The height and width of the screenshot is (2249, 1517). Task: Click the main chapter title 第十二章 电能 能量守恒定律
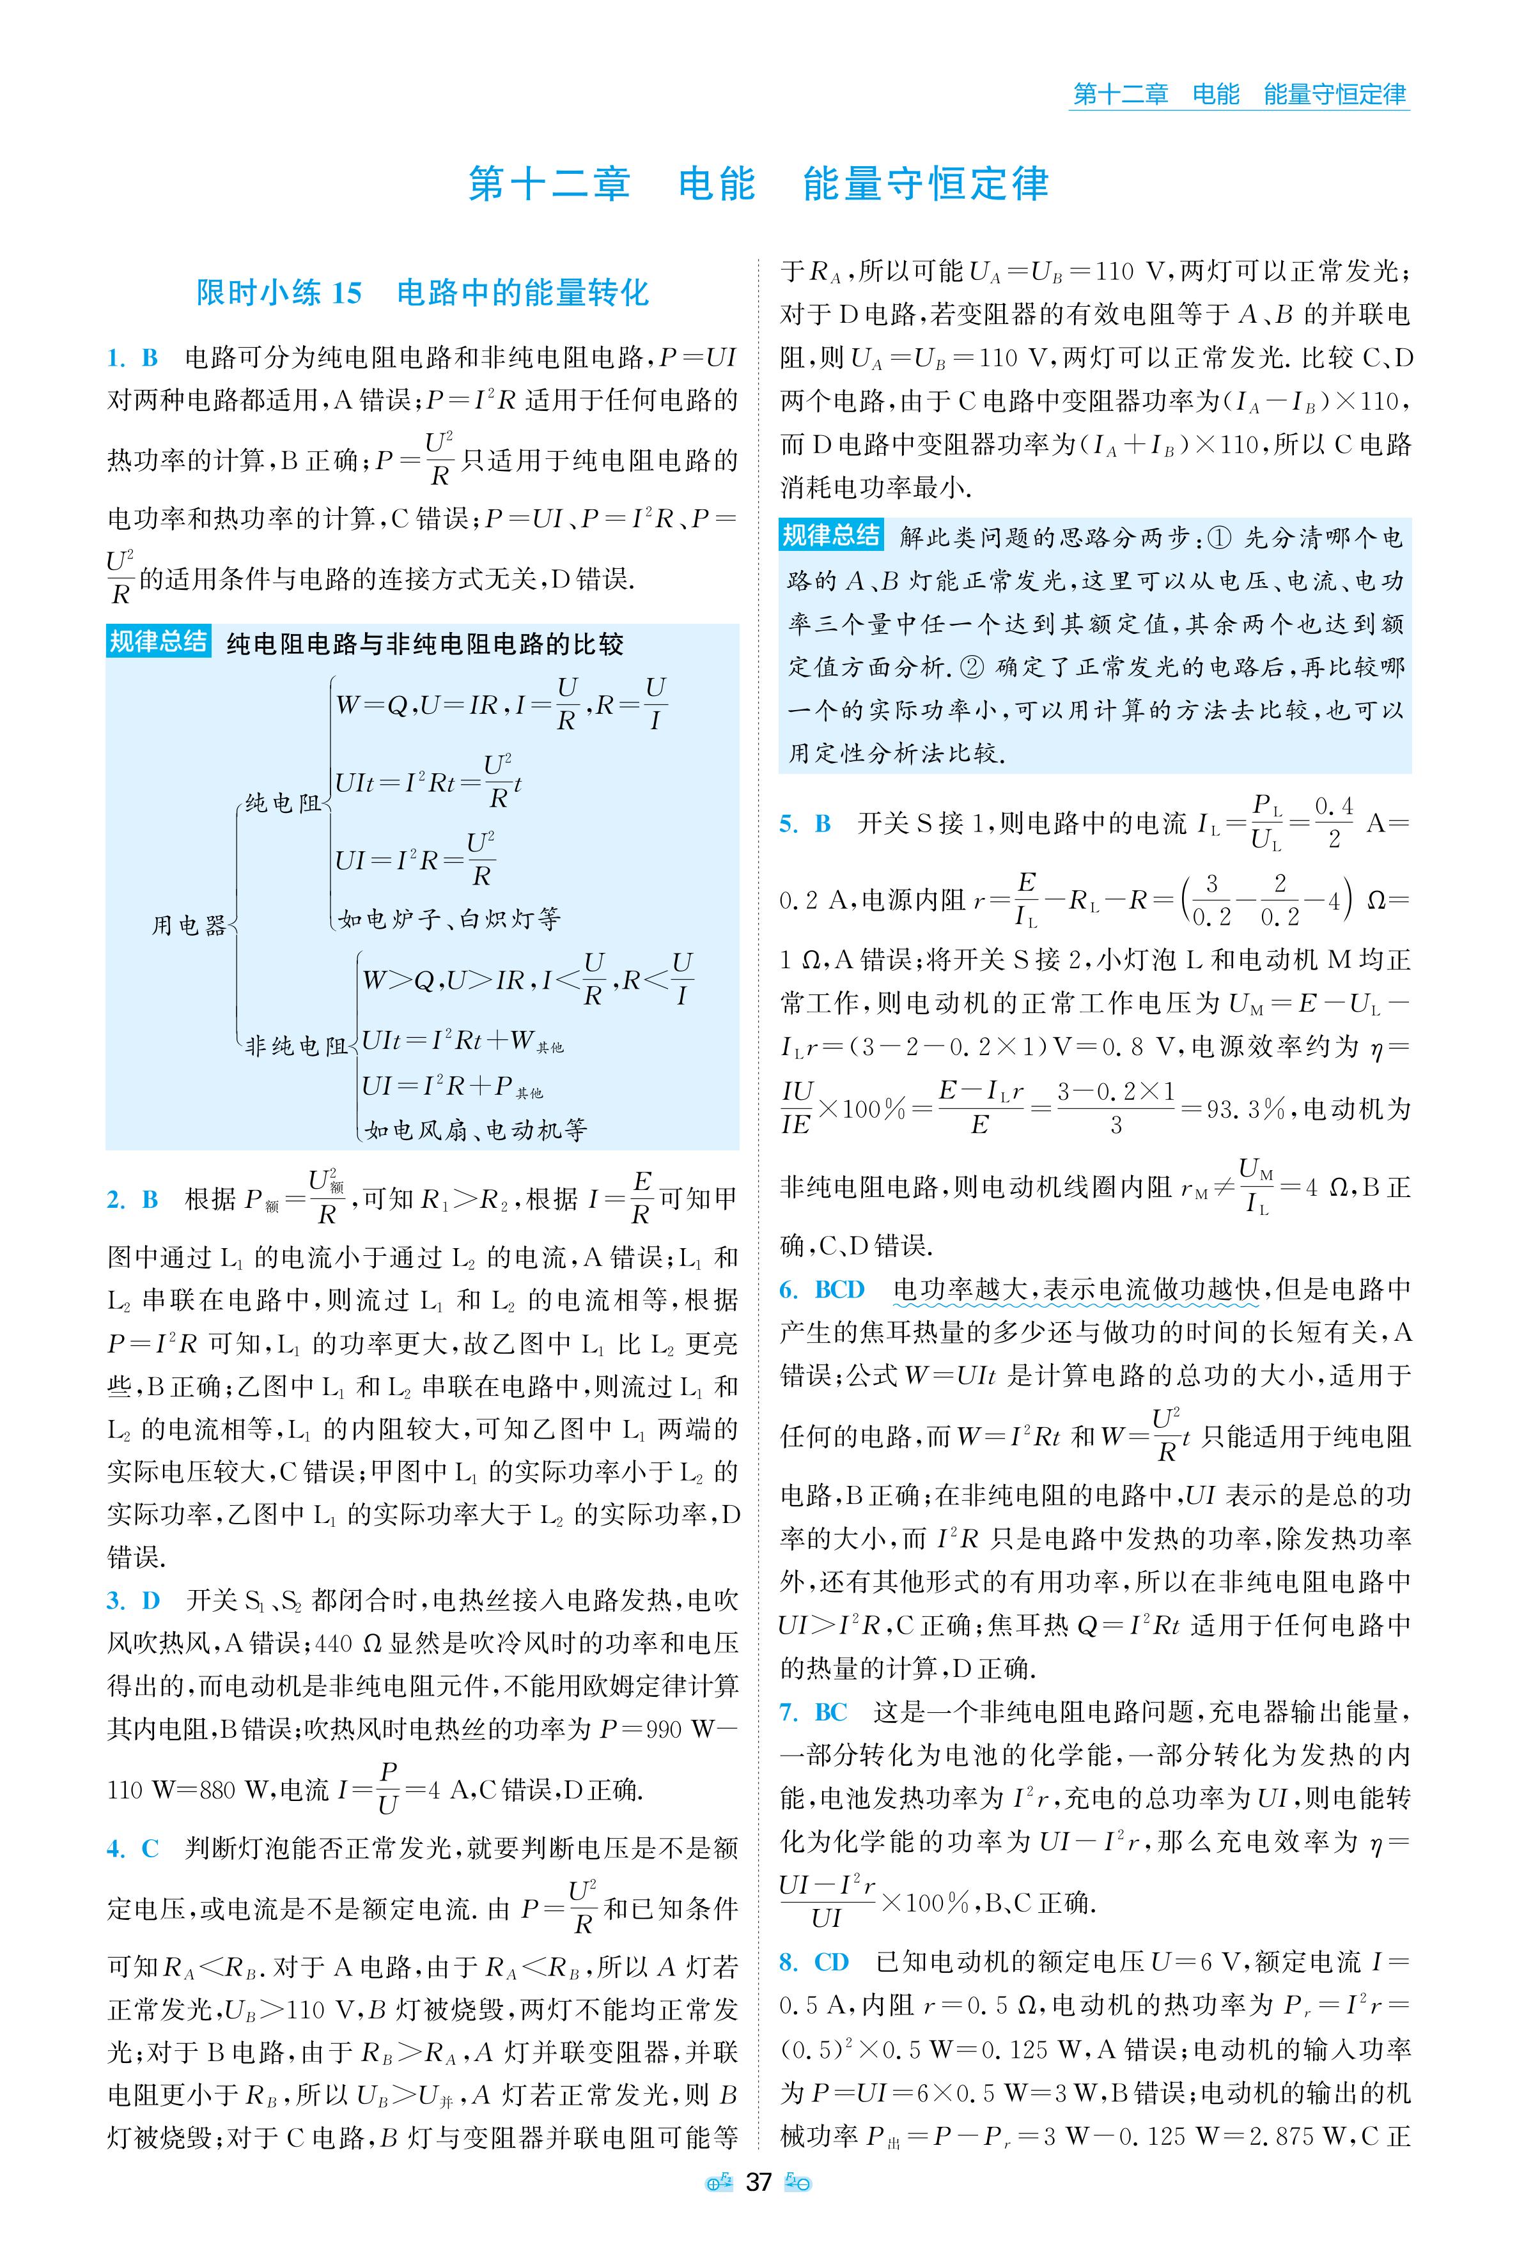(x=758, y=184)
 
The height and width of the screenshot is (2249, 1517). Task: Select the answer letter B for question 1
(x=150, y=359)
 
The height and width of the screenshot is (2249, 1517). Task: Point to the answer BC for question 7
(x=831, y=1712)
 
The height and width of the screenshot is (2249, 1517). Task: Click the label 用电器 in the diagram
(x=189, y=925)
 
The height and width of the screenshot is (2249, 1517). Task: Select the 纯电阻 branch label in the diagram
(x=283, y=803)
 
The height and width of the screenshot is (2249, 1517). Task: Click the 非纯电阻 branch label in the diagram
(x=295, y=1046)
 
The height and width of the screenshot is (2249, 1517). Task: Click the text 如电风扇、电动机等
(x=475, y=1129)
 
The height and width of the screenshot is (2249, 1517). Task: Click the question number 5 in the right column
(x=788, y=824)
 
